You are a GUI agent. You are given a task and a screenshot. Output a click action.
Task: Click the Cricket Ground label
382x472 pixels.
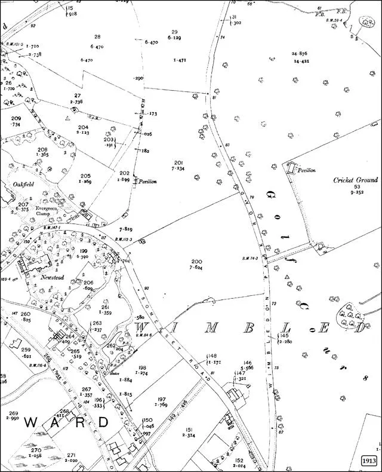355,180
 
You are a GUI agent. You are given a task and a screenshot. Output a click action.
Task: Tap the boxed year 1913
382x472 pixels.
369,461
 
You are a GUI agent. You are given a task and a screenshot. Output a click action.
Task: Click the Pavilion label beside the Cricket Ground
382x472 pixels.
307,170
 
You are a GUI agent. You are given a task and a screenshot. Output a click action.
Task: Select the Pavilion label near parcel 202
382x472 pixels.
146,182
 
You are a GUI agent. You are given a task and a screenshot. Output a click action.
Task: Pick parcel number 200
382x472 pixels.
196,262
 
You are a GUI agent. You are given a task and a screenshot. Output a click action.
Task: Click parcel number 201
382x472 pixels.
178,163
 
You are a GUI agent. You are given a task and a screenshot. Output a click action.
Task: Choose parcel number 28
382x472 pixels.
97,37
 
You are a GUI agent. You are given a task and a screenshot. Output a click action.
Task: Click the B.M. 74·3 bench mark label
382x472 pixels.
253,258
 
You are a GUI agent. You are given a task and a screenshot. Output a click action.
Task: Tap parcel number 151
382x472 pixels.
189,430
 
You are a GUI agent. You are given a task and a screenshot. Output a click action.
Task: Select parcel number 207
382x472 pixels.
23,204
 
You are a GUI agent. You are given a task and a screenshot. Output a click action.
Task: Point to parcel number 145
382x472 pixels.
284,336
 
